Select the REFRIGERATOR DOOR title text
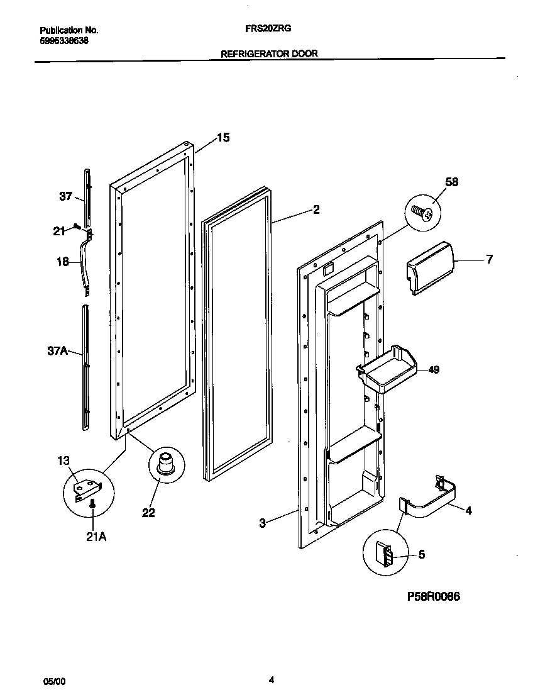(269, 54)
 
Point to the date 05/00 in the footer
(54, 681)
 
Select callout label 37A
(57, 351)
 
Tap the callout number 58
(451, 182)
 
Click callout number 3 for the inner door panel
(263, 522)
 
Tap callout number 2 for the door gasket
(316, 209)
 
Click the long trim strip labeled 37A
(85, 368)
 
